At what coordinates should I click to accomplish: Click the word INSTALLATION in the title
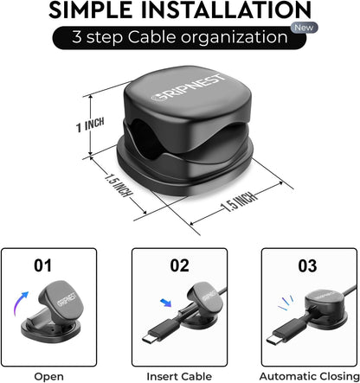226,10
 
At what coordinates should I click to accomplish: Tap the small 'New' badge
304,28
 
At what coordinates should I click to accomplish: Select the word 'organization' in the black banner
235,38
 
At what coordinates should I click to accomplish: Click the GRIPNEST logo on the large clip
189,87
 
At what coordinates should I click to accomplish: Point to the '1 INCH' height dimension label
90,124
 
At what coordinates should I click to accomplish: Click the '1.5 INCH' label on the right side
239,201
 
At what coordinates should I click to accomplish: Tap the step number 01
42,265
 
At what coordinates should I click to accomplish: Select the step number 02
179,265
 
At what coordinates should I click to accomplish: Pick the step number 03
307,265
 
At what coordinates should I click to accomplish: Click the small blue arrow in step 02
165,303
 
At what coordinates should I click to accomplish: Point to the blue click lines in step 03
286,303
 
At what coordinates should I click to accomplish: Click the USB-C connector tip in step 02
150,338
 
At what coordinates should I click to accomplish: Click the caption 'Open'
48,377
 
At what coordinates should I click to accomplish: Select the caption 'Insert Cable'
179,376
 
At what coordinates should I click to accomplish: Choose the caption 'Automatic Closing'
309,377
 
